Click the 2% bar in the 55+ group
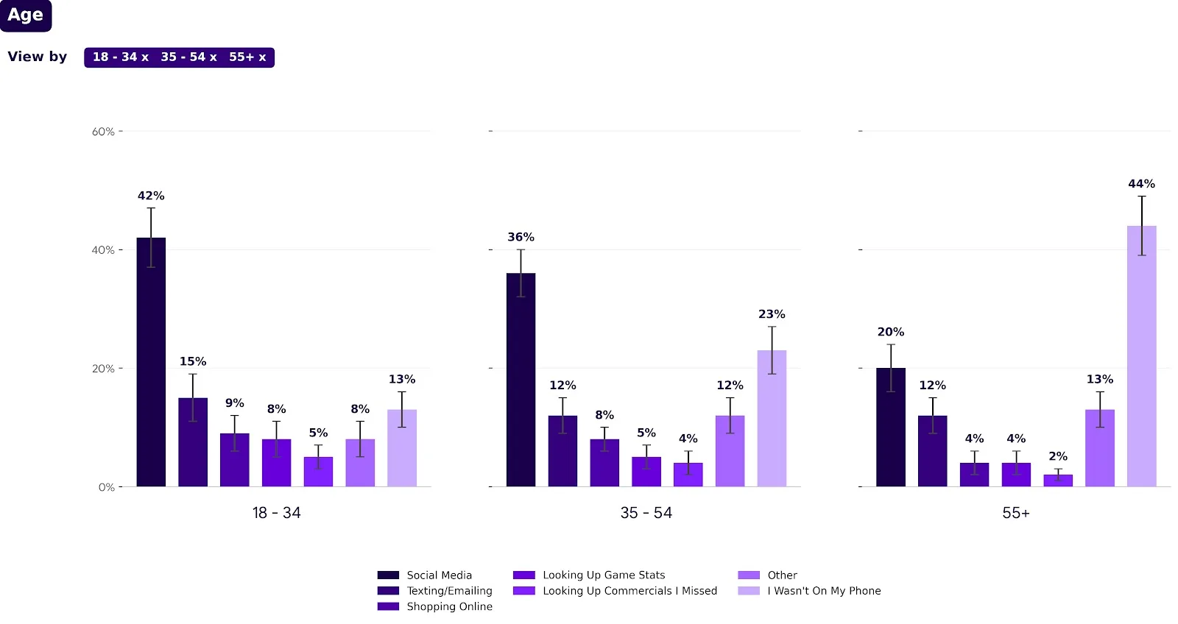(1058, 481)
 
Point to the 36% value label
(521, 237)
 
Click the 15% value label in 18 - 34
(193, 361)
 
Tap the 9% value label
(234, 403)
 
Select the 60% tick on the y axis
(103, 132)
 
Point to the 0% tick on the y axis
(107, 487)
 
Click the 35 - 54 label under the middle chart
(646, 513)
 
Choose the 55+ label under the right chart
(1016, 513)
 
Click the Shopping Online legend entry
(449, 606)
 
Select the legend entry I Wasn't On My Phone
(824, 591)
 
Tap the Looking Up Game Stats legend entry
(604, 575)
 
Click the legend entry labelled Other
(782, 575)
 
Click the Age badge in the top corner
(26, 15)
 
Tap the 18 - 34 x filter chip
(121, 57)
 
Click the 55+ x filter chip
(247, 57)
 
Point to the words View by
(38, 57)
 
